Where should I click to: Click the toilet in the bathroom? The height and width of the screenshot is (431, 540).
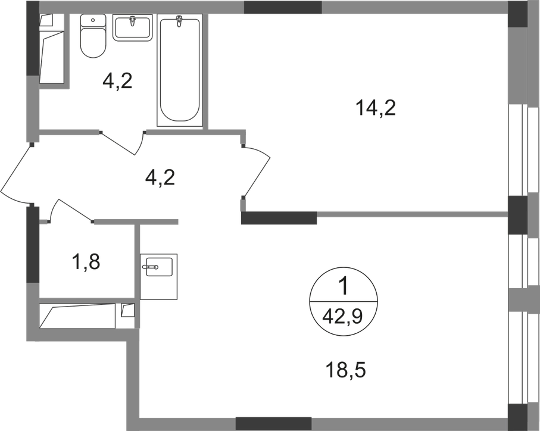[93, 36]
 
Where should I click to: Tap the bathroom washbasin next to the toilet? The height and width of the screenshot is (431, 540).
[132, 28]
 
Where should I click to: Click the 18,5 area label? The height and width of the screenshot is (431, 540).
[346, 370]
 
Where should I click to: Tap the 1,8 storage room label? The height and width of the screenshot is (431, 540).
[86, 261]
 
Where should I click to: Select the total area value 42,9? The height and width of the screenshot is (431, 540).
[343, 316]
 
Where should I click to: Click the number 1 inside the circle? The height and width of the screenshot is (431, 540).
[344, 288]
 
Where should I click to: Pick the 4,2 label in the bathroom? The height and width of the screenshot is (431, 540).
[117, 81]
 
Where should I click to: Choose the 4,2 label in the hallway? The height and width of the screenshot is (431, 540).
[160, 177]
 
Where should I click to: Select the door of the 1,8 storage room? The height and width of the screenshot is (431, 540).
[71, 210]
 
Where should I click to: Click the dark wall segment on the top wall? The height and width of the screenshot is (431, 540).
[283, 7]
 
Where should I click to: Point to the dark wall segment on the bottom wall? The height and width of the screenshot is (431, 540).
[273, 423]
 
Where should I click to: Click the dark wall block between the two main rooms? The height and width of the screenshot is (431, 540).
[279, 218]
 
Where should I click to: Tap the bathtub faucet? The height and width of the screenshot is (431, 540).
[179, 21]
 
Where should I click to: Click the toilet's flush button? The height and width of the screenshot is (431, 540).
[93, 20]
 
